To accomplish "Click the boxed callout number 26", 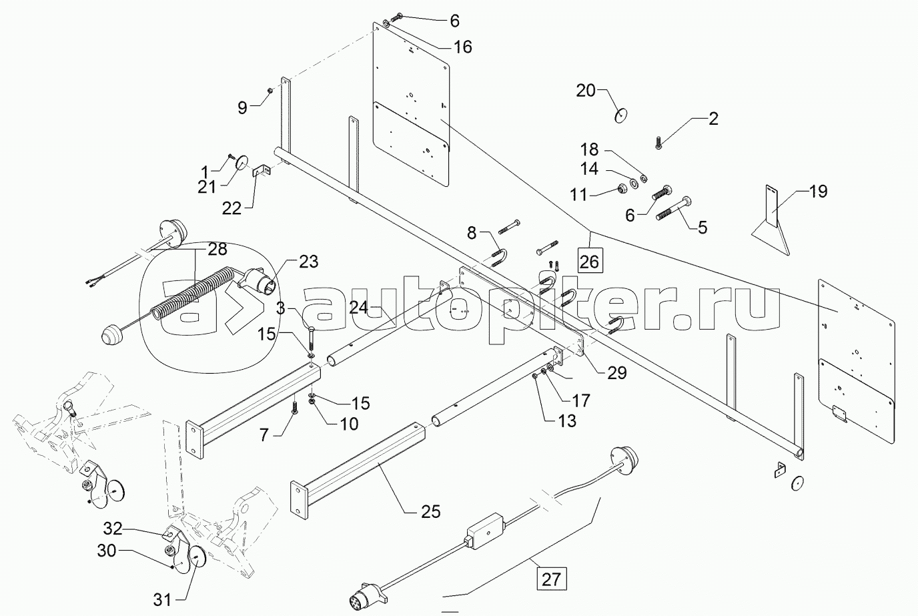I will coord(589,261).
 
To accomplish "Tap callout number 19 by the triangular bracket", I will coord(818,192).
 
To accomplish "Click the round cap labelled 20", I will coord(621,116).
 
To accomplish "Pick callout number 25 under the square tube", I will coord(431,512).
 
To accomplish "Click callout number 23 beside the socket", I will coord(308,262).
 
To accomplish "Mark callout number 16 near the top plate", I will coord(462,47).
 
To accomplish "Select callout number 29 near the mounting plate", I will coord(617,372).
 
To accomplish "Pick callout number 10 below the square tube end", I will coord(348,423).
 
